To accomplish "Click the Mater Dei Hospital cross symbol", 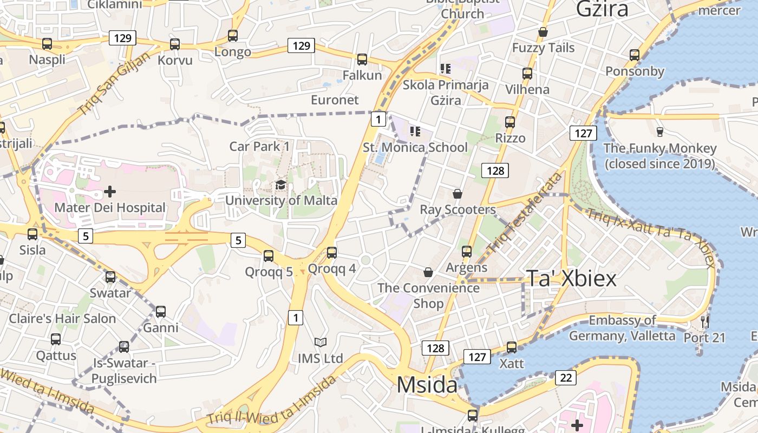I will (110, 192).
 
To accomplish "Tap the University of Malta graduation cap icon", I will (280, 185).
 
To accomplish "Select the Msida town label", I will (427, 385).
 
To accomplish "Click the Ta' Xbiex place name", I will (571, 278).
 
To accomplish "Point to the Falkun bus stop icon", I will (362, 60).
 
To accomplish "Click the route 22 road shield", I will (566, 378).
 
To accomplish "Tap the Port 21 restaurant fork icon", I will (704, 322).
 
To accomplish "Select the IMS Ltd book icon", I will (321, 343).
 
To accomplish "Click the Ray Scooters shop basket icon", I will (458, 194).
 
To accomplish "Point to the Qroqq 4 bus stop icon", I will (332, 253).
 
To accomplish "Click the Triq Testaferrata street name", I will (525, 213).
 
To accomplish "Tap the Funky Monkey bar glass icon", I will (659, 132).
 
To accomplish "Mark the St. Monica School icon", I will (415, 132).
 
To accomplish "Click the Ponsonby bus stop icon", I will (635, 55).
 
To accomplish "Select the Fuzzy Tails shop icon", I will (543, 32).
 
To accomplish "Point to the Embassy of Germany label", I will (622, 328).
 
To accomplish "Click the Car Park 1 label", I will (259, 146).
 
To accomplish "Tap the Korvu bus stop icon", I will (175, 44).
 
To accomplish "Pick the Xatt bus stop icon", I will (512, 347).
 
